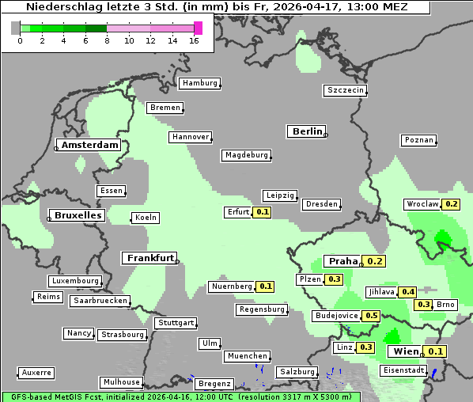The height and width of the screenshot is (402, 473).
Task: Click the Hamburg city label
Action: click(199, 83)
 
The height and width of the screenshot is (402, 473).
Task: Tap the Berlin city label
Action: click(307, 131)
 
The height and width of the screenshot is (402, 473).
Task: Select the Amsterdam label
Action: click(89, 146)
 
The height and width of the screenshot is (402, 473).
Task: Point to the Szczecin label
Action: click(346, 90)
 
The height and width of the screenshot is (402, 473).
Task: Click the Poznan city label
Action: click(418, 140)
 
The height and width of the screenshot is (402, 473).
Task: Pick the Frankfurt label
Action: click(149, 258)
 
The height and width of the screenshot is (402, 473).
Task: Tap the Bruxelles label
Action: click(77, 215)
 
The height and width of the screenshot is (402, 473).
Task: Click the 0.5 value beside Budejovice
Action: click(370, 316)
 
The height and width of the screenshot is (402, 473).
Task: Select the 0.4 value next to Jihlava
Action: click(407, 292)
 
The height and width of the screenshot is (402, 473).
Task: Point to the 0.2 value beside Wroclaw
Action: click(451, 204)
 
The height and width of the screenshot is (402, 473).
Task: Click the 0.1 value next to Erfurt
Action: click(263, 212)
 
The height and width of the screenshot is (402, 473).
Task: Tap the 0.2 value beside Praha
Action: click(374, 261)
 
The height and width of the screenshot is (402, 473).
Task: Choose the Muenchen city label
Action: click(247, 357)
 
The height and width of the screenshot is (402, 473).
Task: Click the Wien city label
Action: click(405, 351)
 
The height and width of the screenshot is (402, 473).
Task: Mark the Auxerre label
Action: click(36, 372)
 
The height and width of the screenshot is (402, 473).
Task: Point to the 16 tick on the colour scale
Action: click(194, 40)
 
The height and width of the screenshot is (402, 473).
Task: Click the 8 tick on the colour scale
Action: click(107, 40)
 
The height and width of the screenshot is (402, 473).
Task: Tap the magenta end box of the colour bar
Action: click(198, 28)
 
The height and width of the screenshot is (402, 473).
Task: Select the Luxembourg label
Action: click(75, 281)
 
